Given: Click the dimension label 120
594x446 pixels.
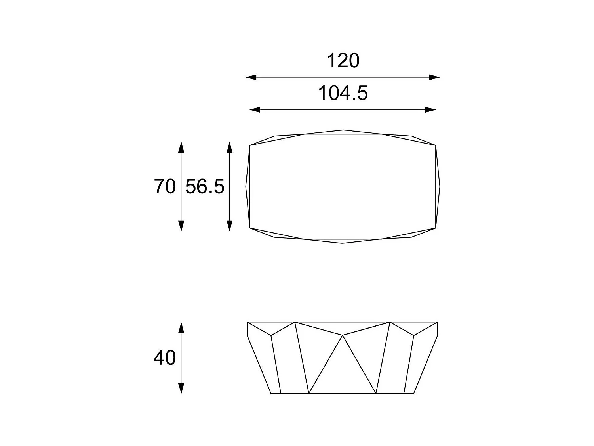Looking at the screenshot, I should (343, 61).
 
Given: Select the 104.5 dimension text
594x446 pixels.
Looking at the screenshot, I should (343, 93).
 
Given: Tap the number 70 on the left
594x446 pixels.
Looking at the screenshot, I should (164, 186).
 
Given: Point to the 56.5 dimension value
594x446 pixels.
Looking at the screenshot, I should (205, 186).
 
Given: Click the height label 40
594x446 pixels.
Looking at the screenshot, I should (164, 358).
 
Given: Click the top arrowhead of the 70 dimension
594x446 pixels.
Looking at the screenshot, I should (181, 147).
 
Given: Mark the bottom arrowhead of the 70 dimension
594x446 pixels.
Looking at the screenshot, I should (181, 226).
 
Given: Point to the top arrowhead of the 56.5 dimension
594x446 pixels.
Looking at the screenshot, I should (229, 147).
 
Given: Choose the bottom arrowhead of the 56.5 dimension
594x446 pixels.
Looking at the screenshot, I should (229, 226).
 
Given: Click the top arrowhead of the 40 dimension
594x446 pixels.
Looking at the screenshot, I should (181, 327).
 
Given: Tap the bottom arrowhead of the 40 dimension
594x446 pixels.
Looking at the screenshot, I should (181, 388).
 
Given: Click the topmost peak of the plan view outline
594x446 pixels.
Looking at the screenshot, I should (343, 130).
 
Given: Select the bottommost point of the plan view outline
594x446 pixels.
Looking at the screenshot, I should (343, 243).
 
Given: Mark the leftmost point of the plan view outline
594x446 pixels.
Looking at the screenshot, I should (246, 186).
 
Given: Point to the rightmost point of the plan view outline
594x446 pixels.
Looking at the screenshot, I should (440, 186).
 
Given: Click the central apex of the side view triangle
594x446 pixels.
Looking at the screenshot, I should (343, 335).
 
